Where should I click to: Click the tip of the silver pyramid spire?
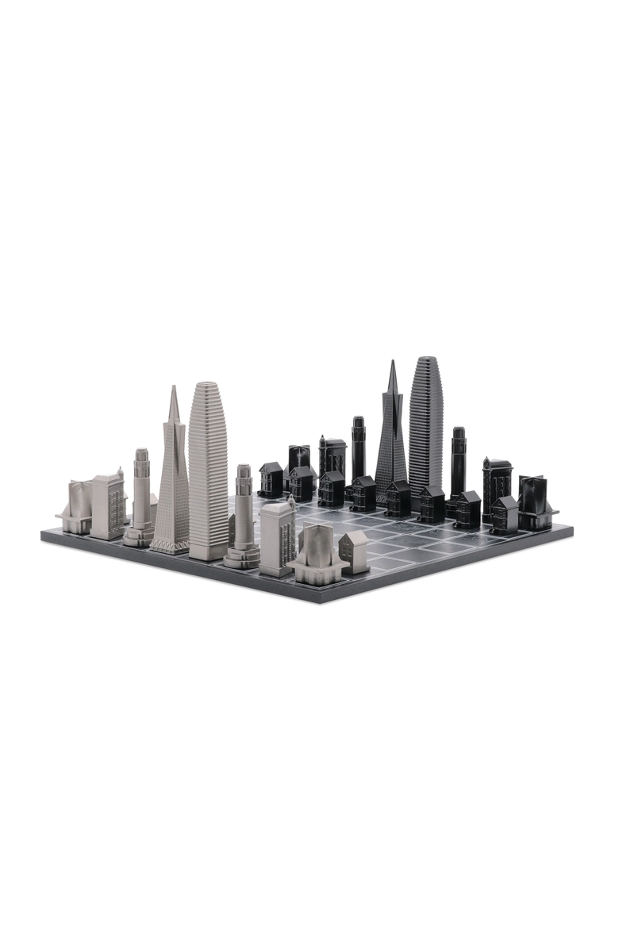tap(173, 388)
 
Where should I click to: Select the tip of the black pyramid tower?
tap(392, 363)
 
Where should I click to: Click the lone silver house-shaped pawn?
tap(354, 551)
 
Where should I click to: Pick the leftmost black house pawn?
tap(271, 479)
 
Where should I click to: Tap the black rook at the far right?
tap(536, 503)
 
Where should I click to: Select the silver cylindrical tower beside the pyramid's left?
tap(140, 496)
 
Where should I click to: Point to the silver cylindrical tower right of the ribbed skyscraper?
tap(243, 516)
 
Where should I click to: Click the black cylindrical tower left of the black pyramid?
tap(359, 448)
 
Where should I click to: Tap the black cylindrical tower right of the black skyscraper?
tap(459, 464)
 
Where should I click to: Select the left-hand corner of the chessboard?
tap(42, 535)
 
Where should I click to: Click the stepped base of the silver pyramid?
tap(170, 545)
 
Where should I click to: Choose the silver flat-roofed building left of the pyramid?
tap(107, 505)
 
